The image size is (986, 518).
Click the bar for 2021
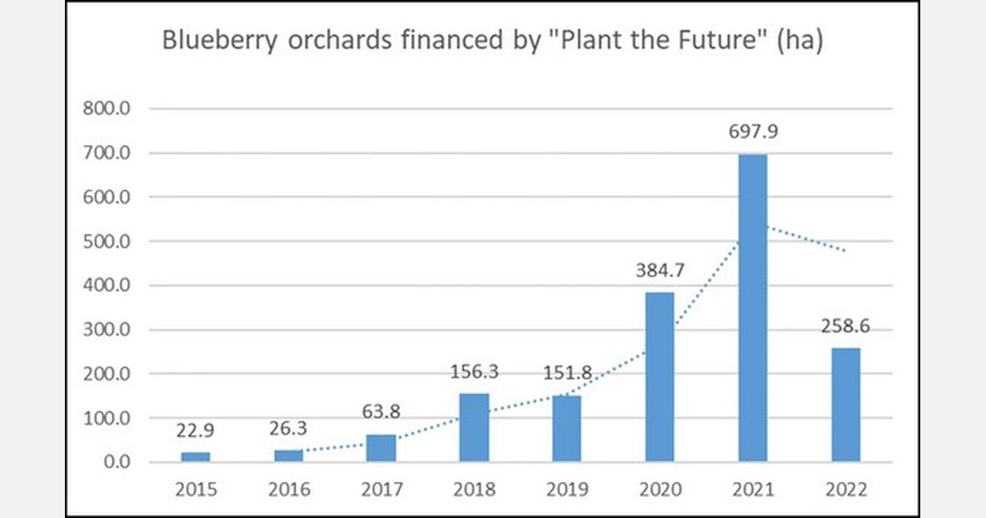(753, 308)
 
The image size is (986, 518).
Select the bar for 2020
(659, 377)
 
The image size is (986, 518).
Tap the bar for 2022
(845, 405)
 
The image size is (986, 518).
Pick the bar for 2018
(473, 428)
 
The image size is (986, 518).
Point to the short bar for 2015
(196, 456)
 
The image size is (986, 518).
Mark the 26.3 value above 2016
(288, 430)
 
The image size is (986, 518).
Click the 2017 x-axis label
(380, 490)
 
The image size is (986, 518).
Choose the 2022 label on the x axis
(845, 490)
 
